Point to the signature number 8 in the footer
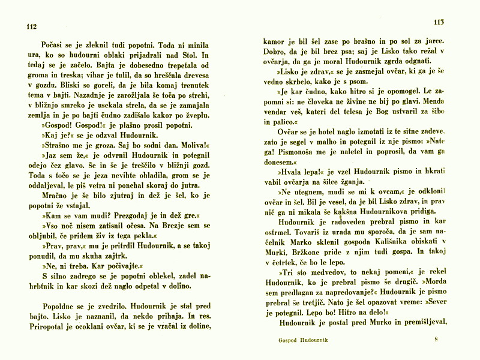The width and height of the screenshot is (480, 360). point(437,340)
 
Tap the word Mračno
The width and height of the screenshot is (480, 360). point(53,196)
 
